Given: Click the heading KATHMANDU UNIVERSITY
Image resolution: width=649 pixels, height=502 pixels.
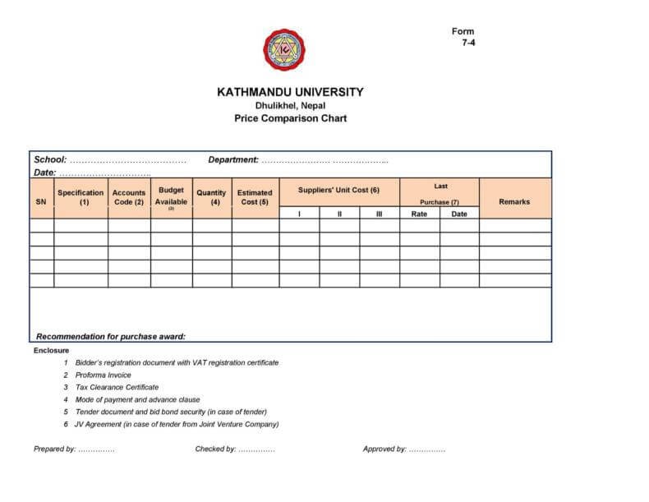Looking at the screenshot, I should click(290, 92).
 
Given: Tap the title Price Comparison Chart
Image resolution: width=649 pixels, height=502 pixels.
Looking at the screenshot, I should click(290, 118).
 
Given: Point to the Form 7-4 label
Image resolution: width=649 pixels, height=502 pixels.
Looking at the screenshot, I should click(464, 36).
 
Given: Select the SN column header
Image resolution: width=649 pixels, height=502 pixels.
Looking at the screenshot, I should click(41, 201).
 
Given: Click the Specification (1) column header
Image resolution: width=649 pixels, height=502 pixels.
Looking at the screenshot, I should click(81, 197).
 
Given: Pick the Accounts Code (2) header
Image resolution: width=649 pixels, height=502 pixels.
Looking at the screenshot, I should click(129, 197).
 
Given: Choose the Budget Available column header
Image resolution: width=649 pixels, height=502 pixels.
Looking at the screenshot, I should click(171, 196).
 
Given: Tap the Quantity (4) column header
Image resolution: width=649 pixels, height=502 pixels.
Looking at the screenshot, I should click(212, 197).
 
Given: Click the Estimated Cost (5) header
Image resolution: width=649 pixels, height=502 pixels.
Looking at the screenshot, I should click(255, 197).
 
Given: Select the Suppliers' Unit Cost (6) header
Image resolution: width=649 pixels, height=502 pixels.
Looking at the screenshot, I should click(338, 190).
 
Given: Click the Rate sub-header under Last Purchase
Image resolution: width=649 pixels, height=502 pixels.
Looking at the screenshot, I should click(419, 214).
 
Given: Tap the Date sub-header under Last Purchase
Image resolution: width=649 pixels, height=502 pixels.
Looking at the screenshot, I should click(459, 214).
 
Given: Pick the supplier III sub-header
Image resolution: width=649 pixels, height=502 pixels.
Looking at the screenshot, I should click(379, 214).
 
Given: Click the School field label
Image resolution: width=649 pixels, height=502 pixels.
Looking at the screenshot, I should click(49, 159).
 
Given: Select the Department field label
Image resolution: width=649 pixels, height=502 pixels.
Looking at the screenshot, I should click(234, 159).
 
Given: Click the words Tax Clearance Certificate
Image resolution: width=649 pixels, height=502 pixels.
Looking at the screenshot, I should click(117, 387).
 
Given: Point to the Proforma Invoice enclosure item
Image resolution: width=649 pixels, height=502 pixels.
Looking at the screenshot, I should click(103, 375).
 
